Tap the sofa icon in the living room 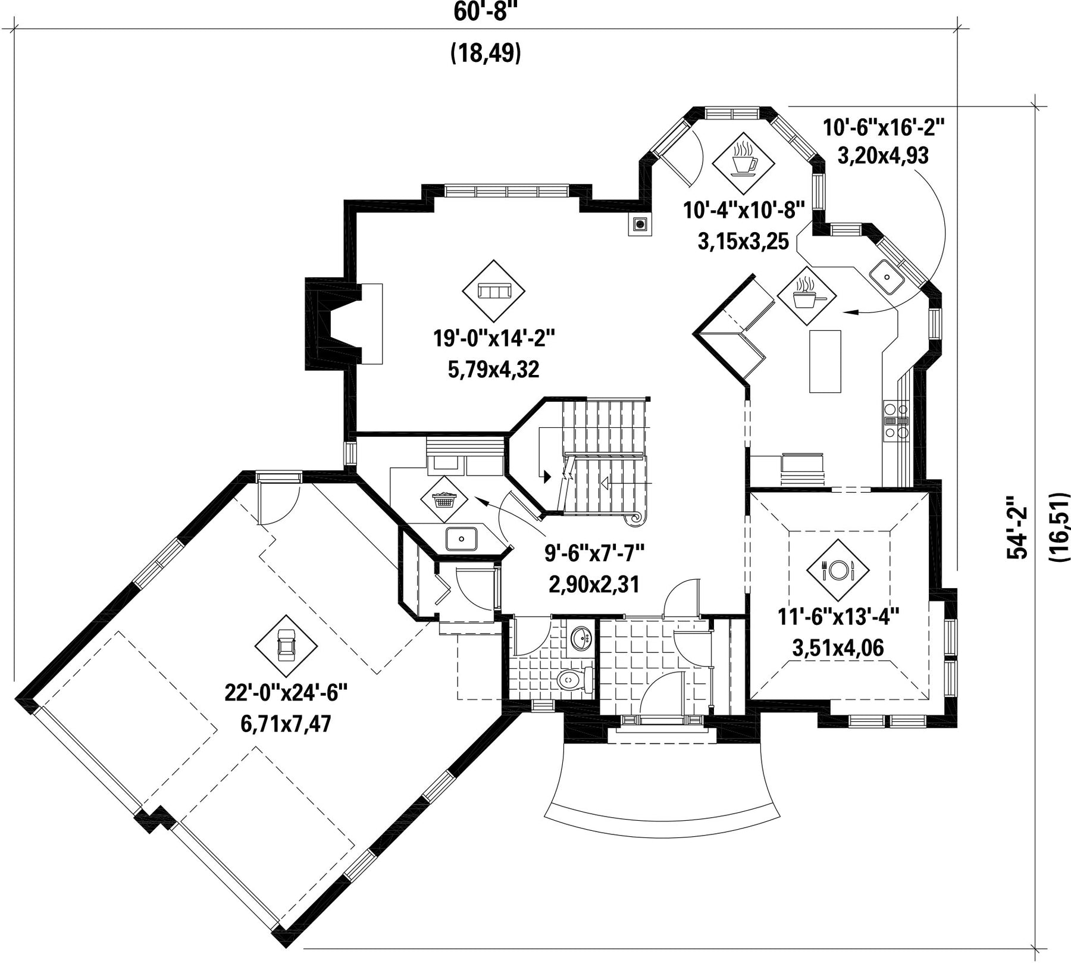point(494,291)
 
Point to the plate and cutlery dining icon point(837,570)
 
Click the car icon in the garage point(286,645)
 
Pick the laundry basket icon point(443,499)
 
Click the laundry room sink point(462,539)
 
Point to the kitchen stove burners point(896,420)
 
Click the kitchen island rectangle point(825,361)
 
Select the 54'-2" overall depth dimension point(1016,527)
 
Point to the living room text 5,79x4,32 point(494,370)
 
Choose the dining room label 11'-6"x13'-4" point(838,615)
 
